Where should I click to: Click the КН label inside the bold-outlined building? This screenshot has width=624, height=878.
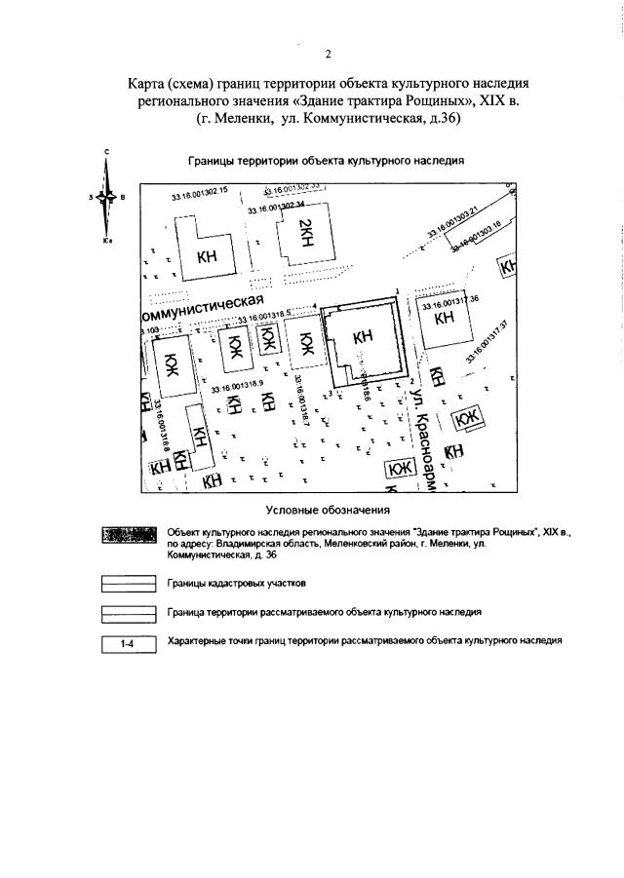coord(363,337)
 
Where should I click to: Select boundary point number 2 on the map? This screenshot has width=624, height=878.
coord(412,381)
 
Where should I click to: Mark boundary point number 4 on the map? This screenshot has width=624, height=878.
coord(315,305)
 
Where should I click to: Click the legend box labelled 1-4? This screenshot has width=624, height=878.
coord(129,644)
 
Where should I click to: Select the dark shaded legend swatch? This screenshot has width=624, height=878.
coord(129,536)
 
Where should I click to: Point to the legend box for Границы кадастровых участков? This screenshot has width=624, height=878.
coord(129,584)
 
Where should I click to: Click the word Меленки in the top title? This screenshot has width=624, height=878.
coord(253,119)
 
